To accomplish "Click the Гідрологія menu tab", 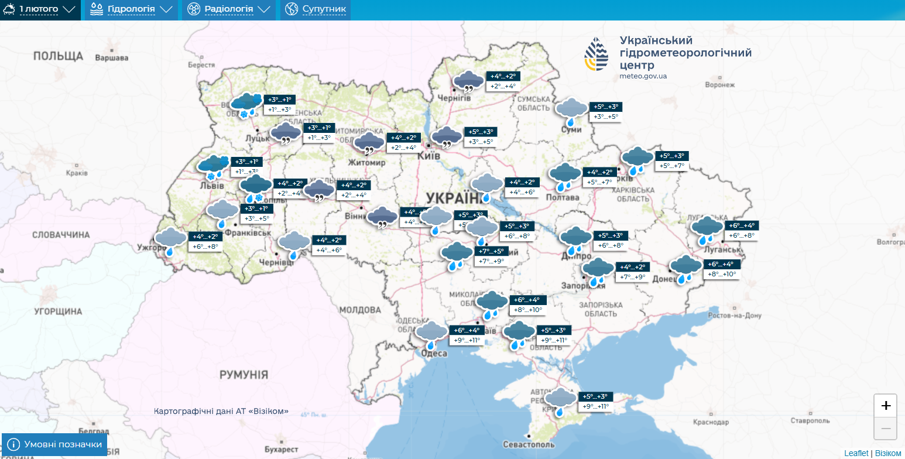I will point(131,9).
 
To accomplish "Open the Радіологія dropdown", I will point(229,9).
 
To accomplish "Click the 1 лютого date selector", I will point(39,9).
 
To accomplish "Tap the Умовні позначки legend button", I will point(54,444).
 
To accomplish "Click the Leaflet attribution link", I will point(856,453).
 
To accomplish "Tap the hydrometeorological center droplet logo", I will point(597,54).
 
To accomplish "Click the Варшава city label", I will point(111,58).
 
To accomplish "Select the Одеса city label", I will point(434,353).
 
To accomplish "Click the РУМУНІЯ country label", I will point(244,375).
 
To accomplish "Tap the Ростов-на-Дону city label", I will point(734,316).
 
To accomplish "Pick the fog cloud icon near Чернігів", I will point(469,81).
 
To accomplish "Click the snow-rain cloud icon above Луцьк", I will point(246,104).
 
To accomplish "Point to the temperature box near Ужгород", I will point(205,242).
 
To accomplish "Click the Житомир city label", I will point(366,162).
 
